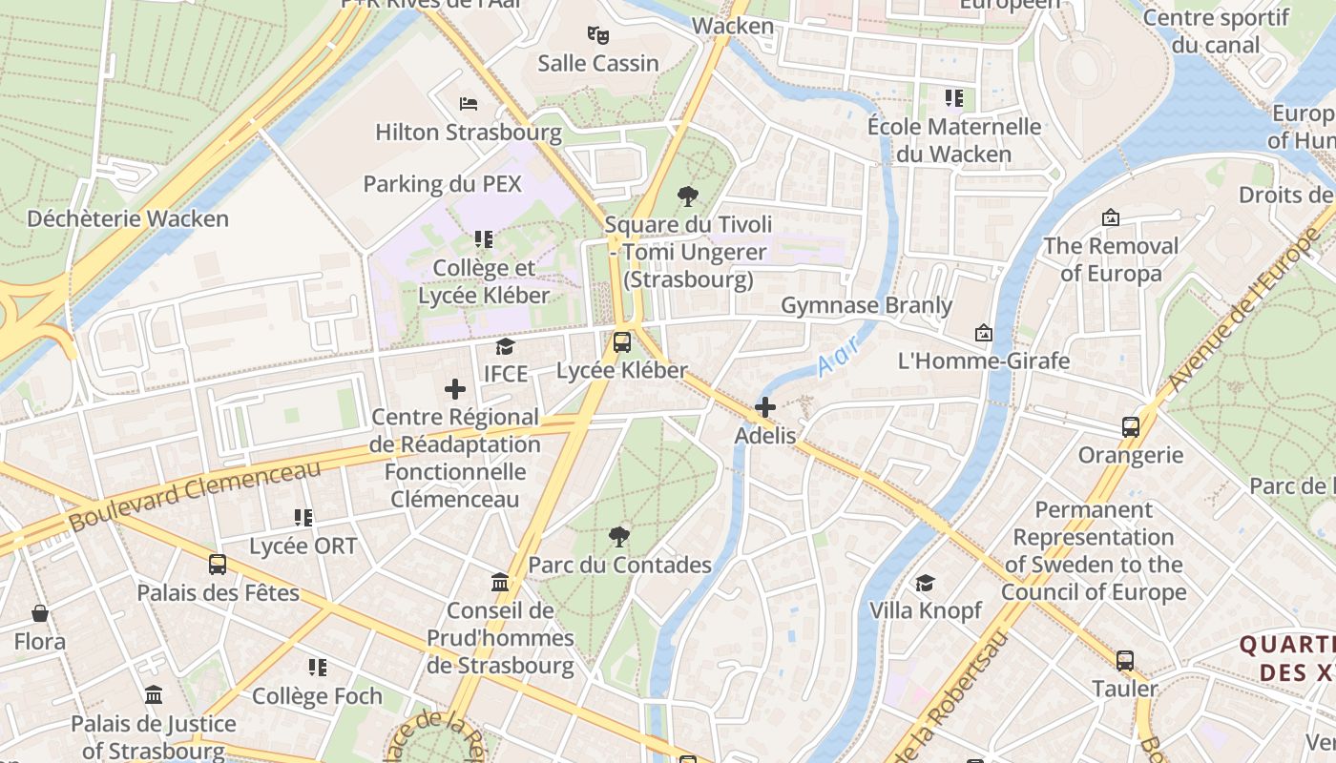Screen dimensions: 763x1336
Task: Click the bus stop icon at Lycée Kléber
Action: click(622, 341)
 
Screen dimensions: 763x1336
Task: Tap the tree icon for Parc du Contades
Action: click(619, 536)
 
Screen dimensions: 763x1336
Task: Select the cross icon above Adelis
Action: click(764, 408)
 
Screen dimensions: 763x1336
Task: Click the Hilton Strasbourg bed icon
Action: click(468, 103)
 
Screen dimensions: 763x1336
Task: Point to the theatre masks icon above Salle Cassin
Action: click(598, 35)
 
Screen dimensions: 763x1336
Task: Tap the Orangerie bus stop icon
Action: click(1131, 426)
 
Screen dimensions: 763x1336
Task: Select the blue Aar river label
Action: click(839, 356)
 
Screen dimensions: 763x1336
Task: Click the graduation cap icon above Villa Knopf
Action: click(925, 583)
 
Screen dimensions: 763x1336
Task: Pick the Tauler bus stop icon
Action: click(1125, 660)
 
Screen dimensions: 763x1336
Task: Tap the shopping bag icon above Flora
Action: click(40, 612)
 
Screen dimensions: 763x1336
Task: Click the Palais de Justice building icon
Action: click(154, 695)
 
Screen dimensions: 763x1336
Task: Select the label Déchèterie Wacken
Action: click(128, 218)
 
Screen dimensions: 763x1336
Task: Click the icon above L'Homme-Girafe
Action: click(984, 333)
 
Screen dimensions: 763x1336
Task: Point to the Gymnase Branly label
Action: click(866, 305)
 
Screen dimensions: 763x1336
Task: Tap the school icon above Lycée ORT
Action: click(303, 518)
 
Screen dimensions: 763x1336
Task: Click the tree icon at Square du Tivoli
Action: click(687, 197)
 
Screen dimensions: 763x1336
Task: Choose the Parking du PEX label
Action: click(443, 183)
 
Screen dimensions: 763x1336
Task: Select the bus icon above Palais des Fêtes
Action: click(218, 564)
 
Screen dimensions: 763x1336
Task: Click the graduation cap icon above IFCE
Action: click(505, 346)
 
